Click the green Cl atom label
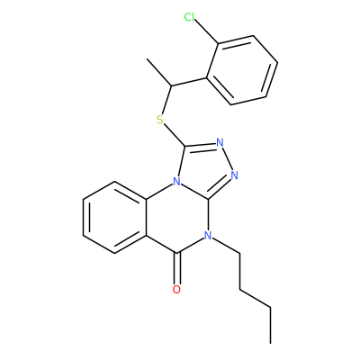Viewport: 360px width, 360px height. click(189, 17)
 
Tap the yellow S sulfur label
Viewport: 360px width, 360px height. click(160, 120)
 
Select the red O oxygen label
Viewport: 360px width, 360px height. click(176, 290)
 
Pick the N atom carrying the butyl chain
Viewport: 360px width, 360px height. click(208, 236)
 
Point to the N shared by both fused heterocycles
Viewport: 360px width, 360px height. click(176, 182)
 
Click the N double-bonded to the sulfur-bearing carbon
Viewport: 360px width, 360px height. click(220, 142)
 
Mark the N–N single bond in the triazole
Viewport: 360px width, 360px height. click(227, 158)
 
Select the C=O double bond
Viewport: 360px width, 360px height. click(177, 268)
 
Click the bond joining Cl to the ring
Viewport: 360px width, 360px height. click(206, 31)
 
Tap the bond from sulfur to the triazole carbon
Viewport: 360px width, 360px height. click(175, 136)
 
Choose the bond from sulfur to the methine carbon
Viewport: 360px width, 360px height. click(166, 100)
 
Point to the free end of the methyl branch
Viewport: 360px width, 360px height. click(148, 59)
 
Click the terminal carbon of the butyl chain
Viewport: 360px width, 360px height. click(271, 343)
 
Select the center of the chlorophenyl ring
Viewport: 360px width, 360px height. click(242, 70)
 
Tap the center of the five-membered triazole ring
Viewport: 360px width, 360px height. click(205, 168)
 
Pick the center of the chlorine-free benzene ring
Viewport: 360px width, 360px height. click(114, 218)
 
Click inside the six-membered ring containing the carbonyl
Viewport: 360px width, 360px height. click(177, 218)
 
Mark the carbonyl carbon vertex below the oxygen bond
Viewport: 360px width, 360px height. click(177, 254)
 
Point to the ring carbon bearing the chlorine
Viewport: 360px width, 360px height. click(219, 44)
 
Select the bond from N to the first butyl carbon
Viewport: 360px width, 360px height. click(226, 245)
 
